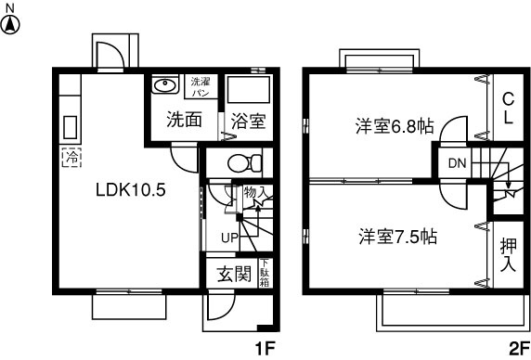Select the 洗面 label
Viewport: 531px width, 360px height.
click(184, 120)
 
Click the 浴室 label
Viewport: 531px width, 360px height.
click(248, 120)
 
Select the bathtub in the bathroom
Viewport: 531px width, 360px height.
click(248, 90)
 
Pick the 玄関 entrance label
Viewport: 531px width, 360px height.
click(235, 274)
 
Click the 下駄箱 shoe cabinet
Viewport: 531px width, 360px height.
click(265, 275)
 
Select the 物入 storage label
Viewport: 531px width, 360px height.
click(255, 193)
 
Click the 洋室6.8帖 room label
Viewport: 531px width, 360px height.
click(393, 127)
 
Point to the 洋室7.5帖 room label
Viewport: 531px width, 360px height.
click(397, 236)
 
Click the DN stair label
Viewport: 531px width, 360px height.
click(457, 164)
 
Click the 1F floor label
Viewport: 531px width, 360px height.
click(265, 349)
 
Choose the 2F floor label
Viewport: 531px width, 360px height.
click(518, 349)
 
